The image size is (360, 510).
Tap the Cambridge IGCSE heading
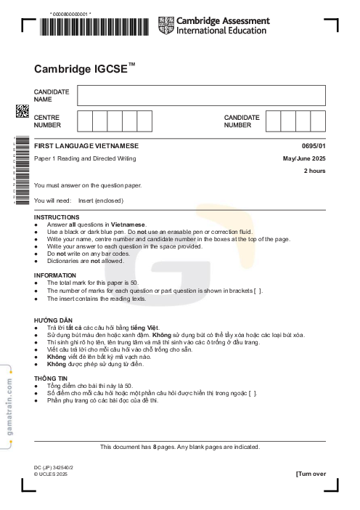pos(84,69)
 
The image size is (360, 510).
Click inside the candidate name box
pos(201,95)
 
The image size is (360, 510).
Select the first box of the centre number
pos(84,121)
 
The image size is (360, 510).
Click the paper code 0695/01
pos(313,146)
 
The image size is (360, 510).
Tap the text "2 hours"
pos(314,171)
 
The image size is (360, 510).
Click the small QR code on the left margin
pos(22,111)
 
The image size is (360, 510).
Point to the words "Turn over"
pos(311,474)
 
